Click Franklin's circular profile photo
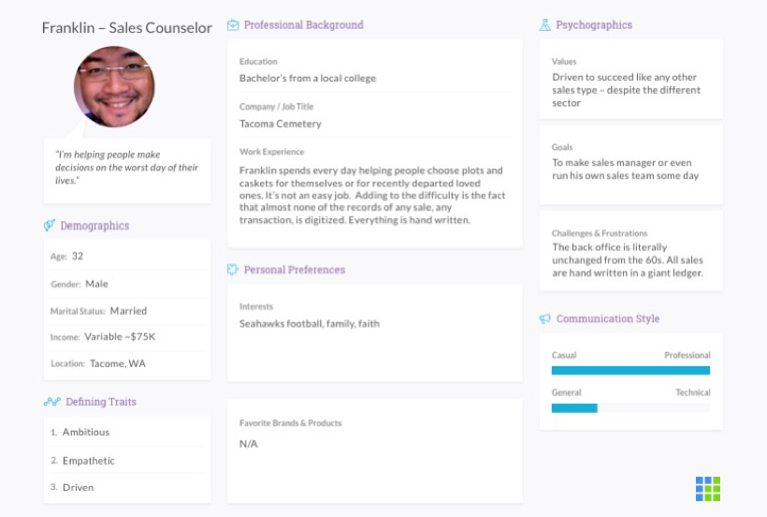(x=114, y=87)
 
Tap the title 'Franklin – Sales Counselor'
(x=127, y=27)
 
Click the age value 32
(x=78, y=256)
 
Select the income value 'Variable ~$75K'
(x=120, y=337)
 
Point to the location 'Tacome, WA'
(x=118, y=363)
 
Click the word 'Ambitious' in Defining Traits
(x=86, y=432)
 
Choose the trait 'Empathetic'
(x=89, y=460)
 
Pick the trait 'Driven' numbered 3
(x=79, y=487)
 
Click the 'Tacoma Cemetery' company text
(x=281, y=124)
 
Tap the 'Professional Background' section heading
(x=303, y=25)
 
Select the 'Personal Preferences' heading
(x=295, y=270)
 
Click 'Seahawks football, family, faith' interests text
(x=310, y=324)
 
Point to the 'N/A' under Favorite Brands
(x=249, y=443)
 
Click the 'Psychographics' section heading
(x=594, y=25)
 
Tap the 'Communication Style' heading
(x=607, y=318)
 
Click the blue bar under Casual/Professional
(x=630, y=370)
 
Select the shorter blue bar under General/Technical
(x=574, y=407)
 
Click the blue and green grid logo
(x=708, y=488)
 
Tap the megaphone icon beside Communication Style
(x=545, y=319)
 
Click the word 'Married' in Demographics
(x=128, y=310)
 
